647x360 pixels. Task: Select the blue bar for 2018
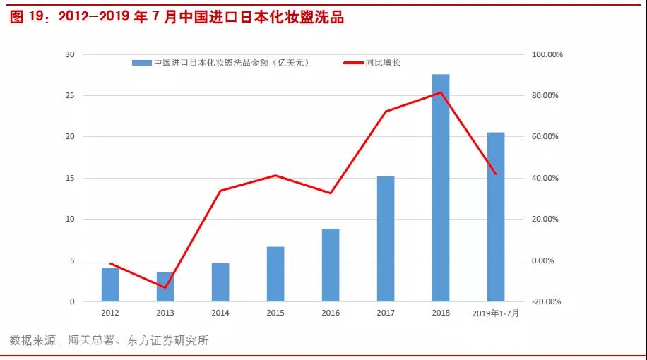tap(441, 188)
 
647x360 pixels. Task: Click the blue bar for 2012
tap(110, 284)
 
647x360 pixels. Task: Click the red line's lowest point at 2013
tap(165, 288)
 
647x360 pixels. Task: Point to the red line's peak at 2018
tap(441, 92)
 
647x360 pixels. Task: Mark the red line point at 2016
tap(331, 193)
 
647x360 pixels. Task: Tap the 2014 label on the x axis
tap(220, 313)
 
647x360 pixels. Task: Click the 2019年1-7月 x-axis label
tap(496, 313)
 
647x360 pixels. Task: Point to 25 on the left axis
tap(69, 95)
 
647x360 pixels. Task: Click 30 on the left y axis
tap(69, 54)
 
